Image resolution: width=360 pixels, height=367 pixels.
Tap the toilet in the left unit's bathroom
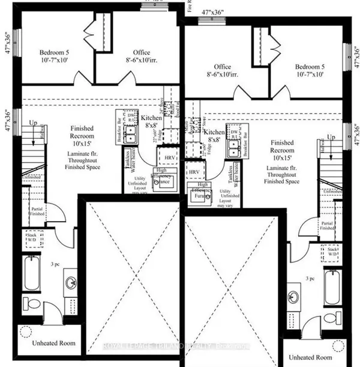[x=31, y=302]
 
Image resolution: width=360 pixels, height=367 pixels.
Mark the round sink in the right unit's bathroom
[x=293, y=297]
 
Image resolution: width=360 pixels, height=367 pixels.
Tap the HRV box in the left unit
[x=170, y=157]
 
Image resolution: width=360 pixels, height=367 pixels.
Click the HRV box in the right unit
[x=194, y=172]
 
